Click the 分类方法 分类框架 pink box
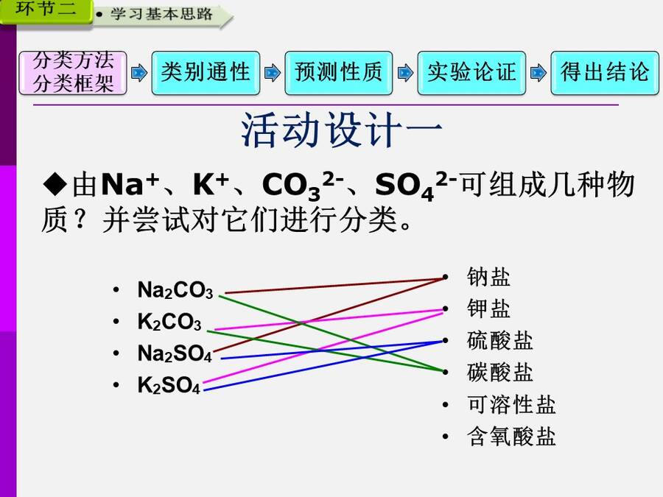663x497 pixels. tap(73, 73)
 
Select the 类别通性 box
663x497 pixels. tap(206, 73)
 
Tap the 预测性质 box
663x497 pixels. tap(339, 73)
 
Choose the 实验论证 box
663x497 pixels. tap(471, 73)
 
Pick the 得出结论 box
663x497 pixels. tap(605, 73)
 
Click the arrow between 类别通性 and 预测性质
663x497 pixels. tap(273, 73)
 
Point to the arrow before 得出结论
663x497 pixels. tap(539, 73)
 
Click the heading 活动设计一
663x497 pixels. tap(342, 130)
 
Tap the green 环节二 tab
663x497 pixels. tap(46, 10)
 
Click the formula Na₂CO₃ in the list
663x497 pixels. tap(175, 290)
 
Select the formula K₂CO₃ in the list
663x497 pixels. tap(169, 322)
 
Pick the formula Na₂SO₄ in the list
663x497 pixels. tap(175, 353)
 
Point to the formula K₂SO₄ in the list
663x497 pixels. tap(169, 385)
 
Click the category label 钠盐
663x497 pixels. tap(488, 278)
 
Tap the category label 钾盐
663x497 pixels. tap(488, 309)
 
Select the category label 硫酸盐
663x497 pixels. tap(499, 341)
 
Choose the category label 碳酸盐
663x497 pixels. tap(499, 373)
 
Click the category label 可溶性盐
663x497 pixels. tap(511, 404)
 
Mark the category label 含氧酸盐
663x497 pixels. tap(511, 436)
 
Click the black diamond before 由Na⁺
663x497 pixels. tap(55, 184)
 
